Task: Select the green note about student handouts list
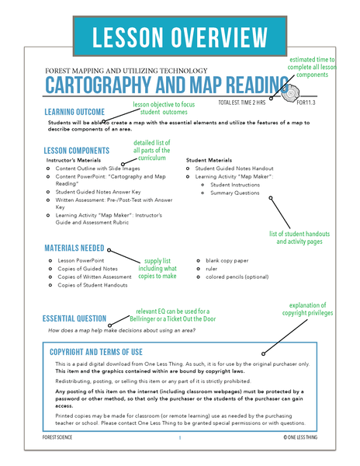tap(299, 238)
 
